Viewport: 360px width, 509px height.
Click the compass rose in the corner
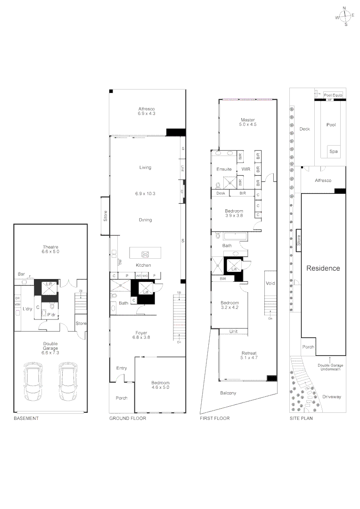point(345,16)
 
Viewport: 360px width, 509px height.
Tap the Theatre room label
point(50,249)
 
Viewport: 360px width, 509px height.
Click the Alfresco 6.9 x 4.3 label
point(147,111)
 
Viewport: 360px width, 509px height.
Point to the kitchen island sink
point(146,254)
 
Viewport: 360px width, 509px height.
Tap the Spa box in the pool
point(333,152)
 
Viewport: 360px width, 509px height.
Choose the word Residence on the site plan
point(323,268)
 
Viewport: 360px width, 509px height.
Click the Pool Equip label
point(333,95)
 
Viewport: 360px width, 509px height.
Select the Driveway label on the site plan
point(332,397)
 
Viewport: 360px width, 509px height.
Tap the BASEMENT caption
point(26,419)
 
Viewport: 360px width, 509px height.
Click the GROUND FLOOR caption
point(128,419)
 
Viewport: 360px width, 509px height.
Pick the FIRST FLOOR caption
point(214,419)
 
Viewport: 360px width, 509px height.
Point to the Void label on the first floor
point(270,283)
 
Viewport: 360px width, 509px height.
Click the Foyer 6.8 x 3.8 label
point(145,335)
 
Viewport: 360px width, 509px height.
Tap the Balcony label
point(228,393)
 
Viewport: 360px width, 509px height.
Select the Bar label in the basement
point(21,274)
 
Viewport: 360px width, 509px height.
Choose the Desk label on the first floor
point(221,193)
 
